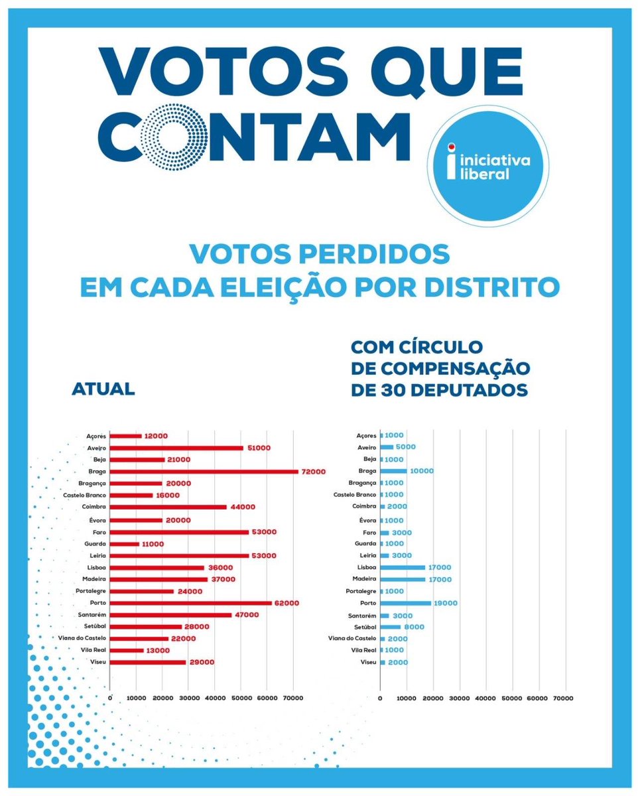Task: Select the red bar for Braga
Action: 204,472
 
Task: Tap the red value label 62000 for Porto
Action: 287,603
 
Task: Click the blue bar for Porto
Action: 406,603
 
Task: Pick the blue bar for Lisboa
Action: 403,567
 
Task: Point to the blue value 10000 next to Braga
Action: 422,471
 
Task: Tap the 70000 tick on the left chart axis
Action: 293,698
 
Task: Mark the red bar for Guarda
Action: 124,544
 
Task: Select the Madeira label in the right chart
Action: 363,579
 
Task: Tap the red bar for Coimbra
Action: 168,507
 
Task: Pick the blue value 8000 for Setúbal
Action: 414,627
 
